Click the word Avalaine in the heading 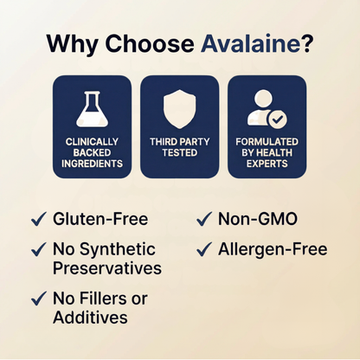[250, 43]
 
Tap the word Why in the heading [73, 45]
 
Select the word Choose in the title [150, 43]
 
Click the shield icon [179, 109]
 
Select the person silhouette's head [263, 98]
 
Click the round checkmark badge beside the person [278, 119]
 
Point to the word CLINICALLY [92, 142]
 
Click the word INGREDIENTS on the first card [92, 164]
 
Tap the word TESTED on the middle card [180, 152]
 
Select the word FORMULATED [267, 142]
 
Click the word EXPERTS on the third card [267, 164]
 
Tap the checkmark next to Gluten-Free [39, 219]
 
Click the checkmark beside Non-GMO [204, 219]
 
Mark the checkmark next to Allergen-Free [204, 249]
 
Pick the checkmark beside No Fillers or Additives [39, 299]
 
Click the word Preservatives [107, 268]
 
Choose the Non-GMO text [258, 219]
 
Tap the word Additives [90, 318]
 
